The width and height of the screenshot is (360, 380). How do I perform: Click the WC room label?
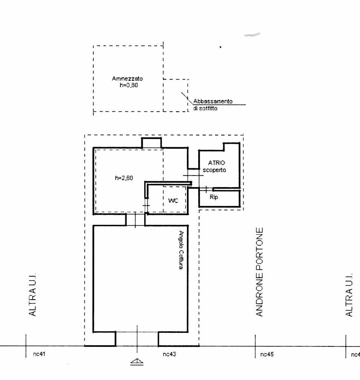click(173, 201)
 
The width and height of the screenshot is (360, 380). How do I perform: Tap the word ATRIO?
click(216, 163)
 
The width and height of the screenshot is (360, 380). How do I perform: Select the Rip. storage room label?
click(214, 197)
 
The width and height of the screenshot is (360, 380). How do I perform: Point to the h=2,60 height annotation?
click(124, 178)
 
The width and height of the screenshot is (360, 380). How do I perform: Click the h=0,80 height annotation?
click(129, 85)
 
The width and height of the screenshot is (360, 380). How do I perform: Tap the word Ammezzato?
click(127, 78)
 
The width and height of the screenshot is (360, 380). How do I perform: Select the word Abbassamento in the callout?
click(213, 101)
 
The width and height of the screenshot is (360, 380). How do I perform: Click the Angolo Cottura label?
click(181, 250)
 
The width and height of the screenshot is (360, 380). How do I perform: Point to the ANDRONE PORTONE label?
click(260, 272)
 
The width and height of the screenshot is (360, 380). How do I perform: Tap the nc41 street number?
click(39, 354)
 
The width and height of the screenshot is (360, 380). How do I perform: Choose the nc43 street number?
click(169, 354)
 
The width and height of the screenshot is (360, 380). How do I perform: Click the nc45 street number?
click(267, 354)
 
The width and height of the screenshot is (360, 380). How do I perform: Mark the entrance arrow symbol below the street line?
click(137, 362)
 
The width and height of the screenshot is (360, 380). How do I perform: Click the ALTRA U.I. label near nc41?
click(32, 294)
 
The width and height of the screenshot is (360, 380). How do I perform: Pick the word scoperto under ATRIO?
click(214, 170)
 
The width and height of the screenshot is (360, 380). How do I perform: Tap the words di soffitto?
click(205, 108)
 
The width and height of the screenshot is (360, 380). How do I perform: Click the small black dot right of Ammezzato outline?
click(220, 47)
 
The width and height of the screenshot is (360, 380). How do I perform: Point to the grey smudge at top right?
click(252, 35)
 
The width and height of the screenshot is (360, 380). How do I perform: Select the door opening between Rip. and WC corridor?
click(206, 189)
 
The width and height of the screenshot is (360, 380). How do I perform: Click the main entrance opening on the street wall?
click(137, 339)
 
